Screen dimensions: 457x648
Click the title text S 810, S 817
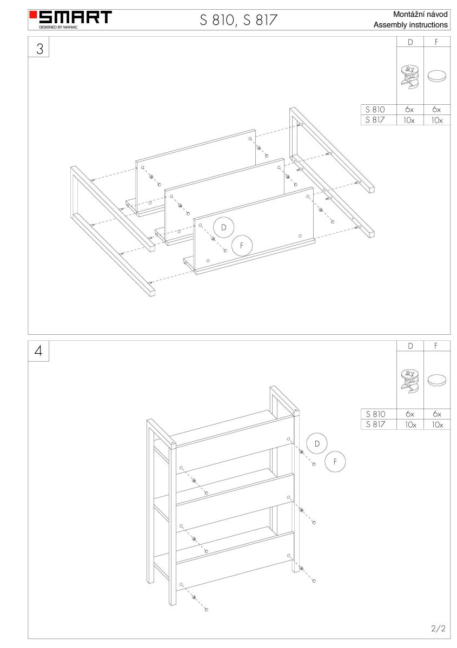tap(238, 20)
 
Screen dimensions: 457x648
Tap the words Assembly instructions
tap(410, 25)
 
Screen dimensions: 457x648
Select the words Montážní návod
tap(420, 14)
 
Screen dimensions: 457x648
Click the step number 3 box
tap(38, 47)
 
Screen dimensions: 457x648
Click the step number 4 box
tap(38, 351)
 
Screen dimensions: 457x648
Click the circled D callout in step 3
tap(223, 227)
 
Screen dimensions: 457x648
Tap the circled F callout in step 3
tap(242, 246)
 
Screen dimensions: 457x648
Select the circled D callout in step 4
tap(317, 443)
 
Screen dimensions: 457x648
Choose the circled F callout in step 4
tap(335, 462)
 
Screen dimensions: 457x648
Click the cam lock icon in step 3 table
tap(410, 77)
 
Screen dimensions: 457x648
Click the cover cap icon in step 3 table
tap(436, 76)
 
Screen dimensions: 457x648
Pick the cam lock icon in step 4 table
tap(410, 381)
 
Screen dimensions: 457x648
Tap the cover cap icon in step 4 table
tap(436, 380)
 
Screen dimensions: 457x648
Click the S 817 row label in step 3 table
tap(375, 120)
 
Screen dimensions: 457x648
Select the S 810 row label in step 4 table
tap(375, 414)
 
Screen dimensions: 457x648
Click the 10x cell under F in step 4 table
tap(438, 424)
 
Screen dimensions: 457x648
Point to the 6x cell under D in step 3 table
tap(409, 109)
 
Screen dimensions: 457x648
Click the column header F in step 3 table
tap(436, 42)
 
